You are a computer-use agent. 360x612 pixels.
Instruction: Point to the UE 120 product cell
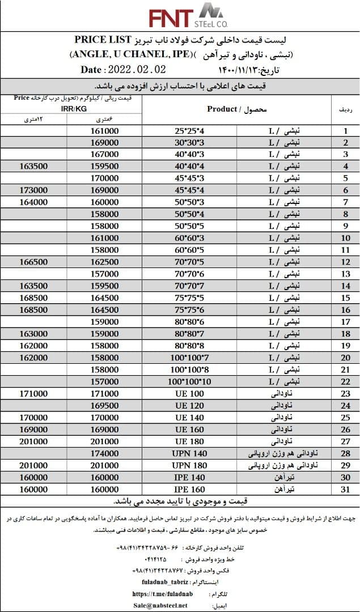pos(189,406)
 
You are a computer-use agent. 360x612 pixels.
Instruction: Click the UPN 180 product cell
pos(189,465)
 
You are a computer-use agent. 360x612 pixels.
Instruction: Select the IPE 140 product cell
pos(189,477)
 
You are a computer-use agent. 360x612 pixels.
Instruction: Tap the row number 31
pos(344,489)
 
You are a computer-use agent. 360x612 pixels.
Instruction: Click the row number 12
pos(344,262)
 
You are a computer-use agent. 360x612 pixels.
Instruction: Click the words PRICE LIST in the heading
pos(100,40)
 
